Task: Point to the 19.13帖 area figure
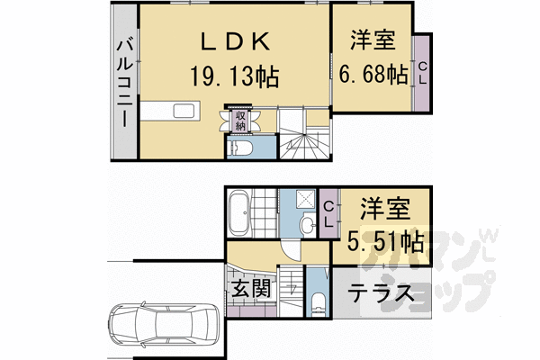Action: point(234,76)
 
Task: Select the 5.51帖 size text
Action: point(385,240)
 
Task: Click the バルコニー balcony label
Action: point(125,85)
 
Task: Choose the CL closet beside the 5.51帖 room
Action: point(329,213)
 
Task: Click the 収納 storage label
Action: point(240,121)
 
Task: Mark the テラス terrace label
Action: point(381,293)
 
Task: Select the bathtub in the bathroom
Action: point(240,214)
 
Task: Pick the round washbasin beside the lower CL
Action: point(307,224)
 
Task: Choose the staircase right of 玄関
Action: point(290,290)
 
